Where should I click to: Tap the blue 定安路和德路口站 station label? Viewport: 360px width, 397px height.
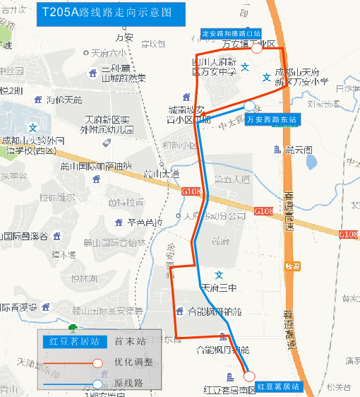(x=231, y=33)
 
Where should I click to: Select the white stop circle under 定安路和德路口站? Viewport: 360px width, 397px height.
(x=257, y=48)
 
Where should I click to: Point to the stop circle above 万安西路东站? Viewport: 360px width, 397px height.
(x=249, y=106)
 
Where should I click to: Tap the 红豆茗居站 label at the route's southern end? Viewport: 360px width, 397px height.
(x=278, y=386)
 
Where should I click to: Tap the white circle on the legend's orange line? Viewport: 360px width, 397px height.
(x=97, y=363)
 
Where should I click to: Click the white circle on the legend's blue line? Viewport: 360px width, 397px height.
(x=97, y=384)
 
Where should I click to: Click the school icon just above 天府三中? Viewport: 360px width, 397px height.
(x=219, y=275)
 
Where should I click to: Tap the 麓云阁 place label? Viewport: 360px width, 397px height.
(x=299, y=150)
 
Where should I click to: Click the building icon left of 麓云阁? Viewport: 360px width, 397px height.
(x=277, y=150)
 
